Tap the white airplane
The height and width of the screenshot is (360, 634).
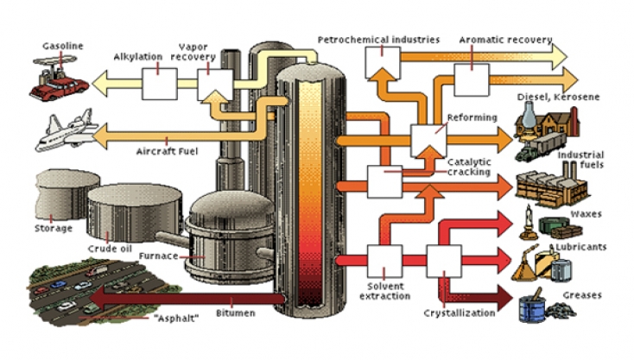pyautogui.click(x=67, y=130)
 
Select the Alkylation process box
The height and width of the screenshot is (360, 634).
pyautogui.click(x=159, y=84)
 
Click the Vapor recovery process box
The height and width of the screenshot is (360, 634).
pyautogui.click(x=215, y=85)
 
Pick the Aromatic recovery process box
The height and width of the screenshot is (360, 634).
pyautogui.click(x=472, y=79)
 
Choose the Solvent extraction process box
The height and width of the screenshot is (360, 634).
pyautogui.click(x=384, y=261)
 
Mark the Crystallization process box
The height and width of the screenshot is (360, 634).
pyautogui.click(x=444, y=261)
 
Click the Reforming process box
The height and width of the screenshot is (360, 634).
pyautogui.click(x=428, y=141)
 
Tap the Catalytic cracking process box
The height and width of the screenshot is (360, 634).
pyautogui.click(x=384, y=182)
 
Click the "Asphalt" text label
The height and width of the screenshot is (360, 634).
pyautogui.click(x=177, y=319)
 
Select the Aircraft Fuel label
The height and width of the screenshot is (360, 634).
pyautogui.click(x=167, y=152)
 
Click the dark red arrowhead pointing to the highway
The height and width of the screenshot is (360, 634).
pyautogui.click(x=98, y=299)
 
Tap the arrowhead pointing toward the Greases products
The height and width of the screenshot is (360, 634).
pyautogui.click(x=504, y=298)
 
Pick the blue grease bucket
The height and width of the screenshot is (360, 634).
pyautogui.click(x=532, y=308)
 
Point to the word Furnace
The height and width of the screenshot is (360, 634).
pyautogui.click(x=158, y=256)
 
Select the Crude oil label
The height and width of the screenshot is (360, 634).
pyautogui.click(x=110, y=249)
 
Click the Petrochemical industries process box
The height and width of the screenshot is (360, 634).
pyautogui.click(x=383, y=63)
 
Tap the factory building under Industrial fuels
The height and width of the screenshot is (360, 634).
pyautogui.click(x=552, y=186)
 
